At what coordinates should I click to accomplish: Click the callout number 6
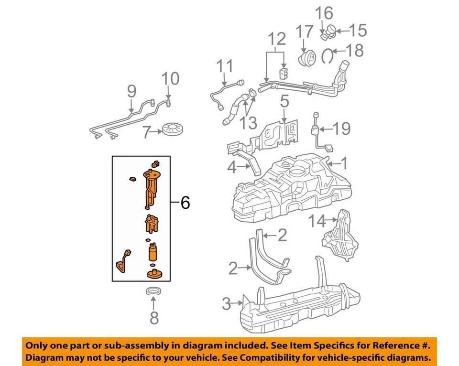click(185, 203)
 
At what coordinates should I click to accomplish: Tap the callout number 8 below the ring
click(153, 317)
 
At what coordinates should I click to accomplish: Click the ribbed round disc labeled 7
click(174, 129)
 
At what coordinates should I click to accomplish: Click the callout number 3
click(227, 302)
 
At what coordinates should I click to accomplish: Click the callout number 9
click(131, 91)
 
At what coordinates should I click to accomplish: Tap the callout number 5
click(284, 102)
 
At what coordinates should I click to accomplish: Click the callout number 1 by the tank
click(344, 165)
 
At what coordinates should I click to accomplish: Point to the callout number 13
click(249, 124)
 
